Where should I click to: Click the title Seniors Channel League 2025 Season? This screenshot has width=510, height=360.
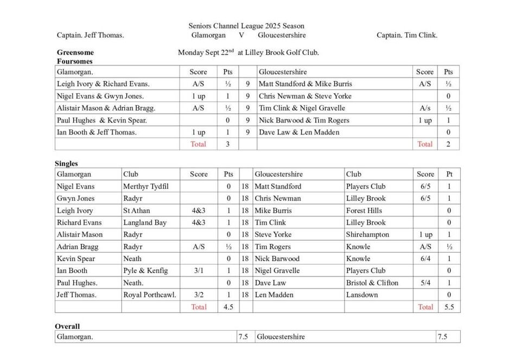pyautogui.click(x=246, y=25)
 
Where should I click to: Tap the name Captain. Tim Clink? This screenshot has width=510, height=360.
pyautogui.click(x=407, y=35)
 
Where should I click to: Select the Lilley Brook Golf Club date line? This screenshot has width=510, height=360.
pyautogui.click(x=248, y=53)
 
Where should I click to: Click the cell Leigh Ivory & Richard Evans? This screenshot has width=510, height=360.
pyautogui.click(x=103, y=84)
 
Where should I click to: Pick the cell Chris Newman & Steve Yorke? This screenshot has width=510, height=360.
pyautogui.click(x=305, y=96)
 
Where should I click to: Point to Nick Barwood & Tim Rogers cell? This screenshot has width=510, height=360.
pyautogui.click(x=304, y=120)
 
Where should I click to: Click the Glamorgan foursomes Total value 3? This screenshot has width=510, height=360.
pyautogui.click(x=227, y=144)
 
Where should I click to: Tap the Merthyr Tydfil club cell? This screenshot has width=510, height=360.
pyautogui.click(x=146, y=187)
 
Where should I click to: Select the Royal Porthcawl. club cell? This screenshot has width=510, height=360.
pyautogui.click(x=150, y=295)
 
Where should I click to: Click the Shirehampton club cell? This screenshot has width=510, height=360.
pyautogui.click(x=367, y=235)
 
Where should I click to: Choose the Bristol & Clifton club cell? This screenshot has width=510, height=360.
pyautogui.click(x=372, y=283)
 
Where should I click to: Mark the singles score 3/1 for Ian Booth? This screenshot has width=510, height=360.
pyautogui.click(x=199, y=271)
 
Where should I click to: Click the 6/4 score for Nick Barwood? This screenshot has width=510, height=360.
pyautogui.click(x=425, y=259)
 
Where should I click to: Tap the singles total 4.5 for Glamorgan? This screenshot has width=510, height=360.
pyautogui.click(x=228, y=307)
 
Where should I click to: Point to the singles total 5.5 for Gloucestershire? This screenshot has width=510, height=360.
pyautogui.click(x=448, y=307)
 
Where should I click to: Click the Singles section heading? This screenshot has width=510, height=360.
pyautogui.click(x=66, y=163)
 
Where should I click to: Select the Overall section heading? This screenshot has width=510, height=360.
pyautogui.click(x=67, y=326)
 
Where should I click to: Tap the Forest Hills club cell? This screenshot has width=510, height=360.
pyautogui.click(x=364, y=210)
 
